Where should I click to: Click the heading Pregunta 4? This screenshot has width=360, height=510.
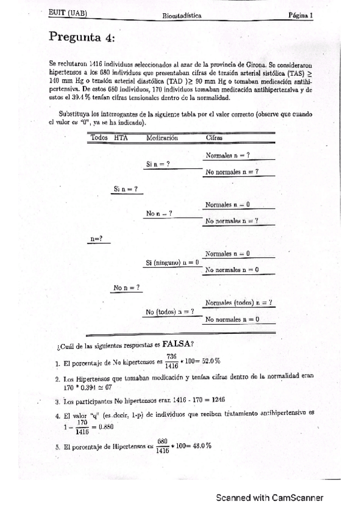[81, 37]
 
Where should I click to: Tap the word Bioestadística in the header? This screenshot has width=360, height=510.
[182, 16]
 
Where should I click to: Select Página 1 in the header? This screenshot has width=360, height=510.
[300, 16]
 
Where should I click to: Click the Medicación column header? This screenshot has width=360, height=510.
[162, 138]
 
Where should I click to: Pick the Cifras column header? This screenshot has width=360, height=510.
[214, 138]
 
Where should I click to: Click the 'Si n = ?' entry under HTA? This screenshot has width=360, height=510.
[125, 189]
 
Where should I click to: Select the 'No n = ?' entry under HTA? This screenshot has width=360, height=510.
[127, 287]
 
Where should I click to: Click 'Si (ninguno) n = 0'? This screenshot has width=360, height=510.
[172, 262]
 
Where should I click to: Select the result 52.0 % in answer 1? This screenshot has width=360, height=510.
[209, 361]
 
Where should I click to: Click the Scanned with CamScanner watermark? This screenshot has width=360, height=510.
[270, 497]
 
